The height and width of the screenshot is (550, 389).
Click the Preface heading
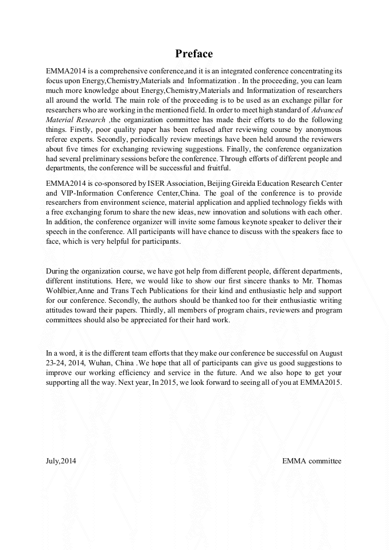(194, 54)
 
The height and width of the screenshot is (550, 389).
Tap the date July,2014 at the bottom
(60, 461)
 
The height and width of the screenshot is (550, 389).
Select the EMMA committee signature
(312, 461)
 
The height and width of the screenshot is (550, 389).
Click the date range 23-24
(57, 364)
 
